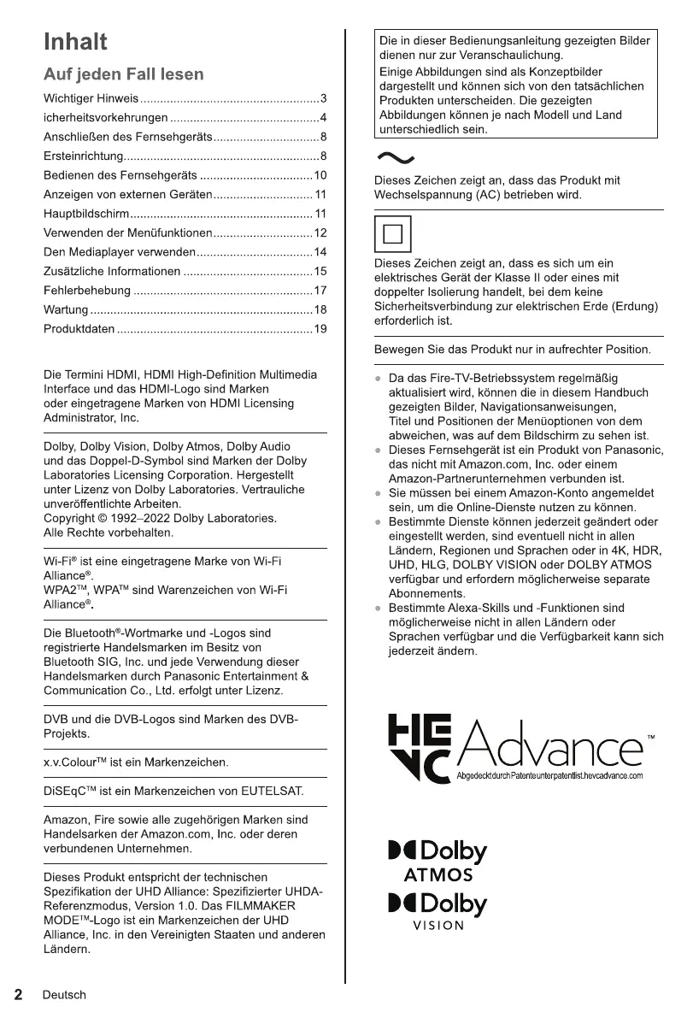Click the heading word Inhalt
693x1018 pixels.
75,42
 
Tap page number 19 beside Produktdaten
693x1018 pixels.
320,329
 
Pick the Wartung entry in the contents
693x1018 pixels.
66,309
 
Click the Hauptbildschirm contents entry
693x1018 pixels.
85,214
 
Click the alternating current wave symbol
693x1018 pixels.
395,156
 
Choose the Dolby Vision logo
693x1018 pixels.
438,911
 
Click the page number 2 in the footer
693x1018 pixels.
17,994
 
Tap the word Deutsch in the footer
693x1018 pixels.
64,995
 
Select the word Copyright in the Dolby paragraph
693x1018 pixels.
73,518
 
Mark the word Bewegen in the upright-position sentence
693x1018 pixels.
400,350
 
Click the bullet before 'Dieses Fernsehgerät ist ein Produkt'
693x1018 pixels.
378,450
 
